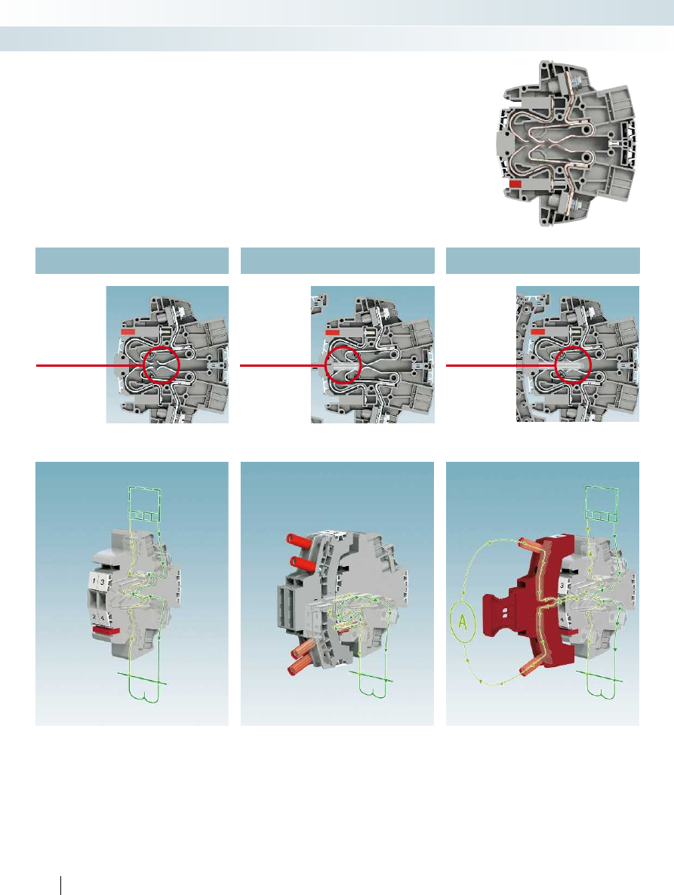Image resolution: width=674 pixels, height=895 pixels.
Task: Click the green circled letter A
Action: [463, 622]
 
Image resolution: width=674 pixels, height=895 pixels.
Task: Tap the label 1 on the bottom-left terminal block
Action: [94, 583]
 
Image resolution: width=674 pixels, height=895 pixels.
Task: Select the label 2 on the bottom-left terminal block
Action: [94, 617]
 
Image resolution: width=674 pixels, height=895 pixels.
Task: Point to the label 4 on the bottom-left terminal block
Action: [102, 617]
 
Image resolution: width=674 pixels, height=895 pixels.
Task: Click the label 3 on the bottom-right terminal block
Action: [563, 586]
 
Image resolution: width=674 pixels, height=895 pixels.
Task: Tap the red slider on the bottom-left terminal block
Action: [106, 629]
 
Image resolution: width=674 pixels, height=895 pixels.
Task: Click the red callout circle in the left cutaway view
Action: [162, 364]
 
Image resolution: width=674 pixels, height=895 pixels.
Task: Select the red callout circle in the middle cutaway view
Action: [343, 364]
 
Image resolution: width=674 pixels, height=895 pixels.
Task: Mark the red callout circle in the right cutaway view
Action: [573, 364]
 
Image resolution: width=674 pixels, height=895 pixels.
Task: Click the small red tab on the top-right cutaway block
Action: [516, 184]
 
